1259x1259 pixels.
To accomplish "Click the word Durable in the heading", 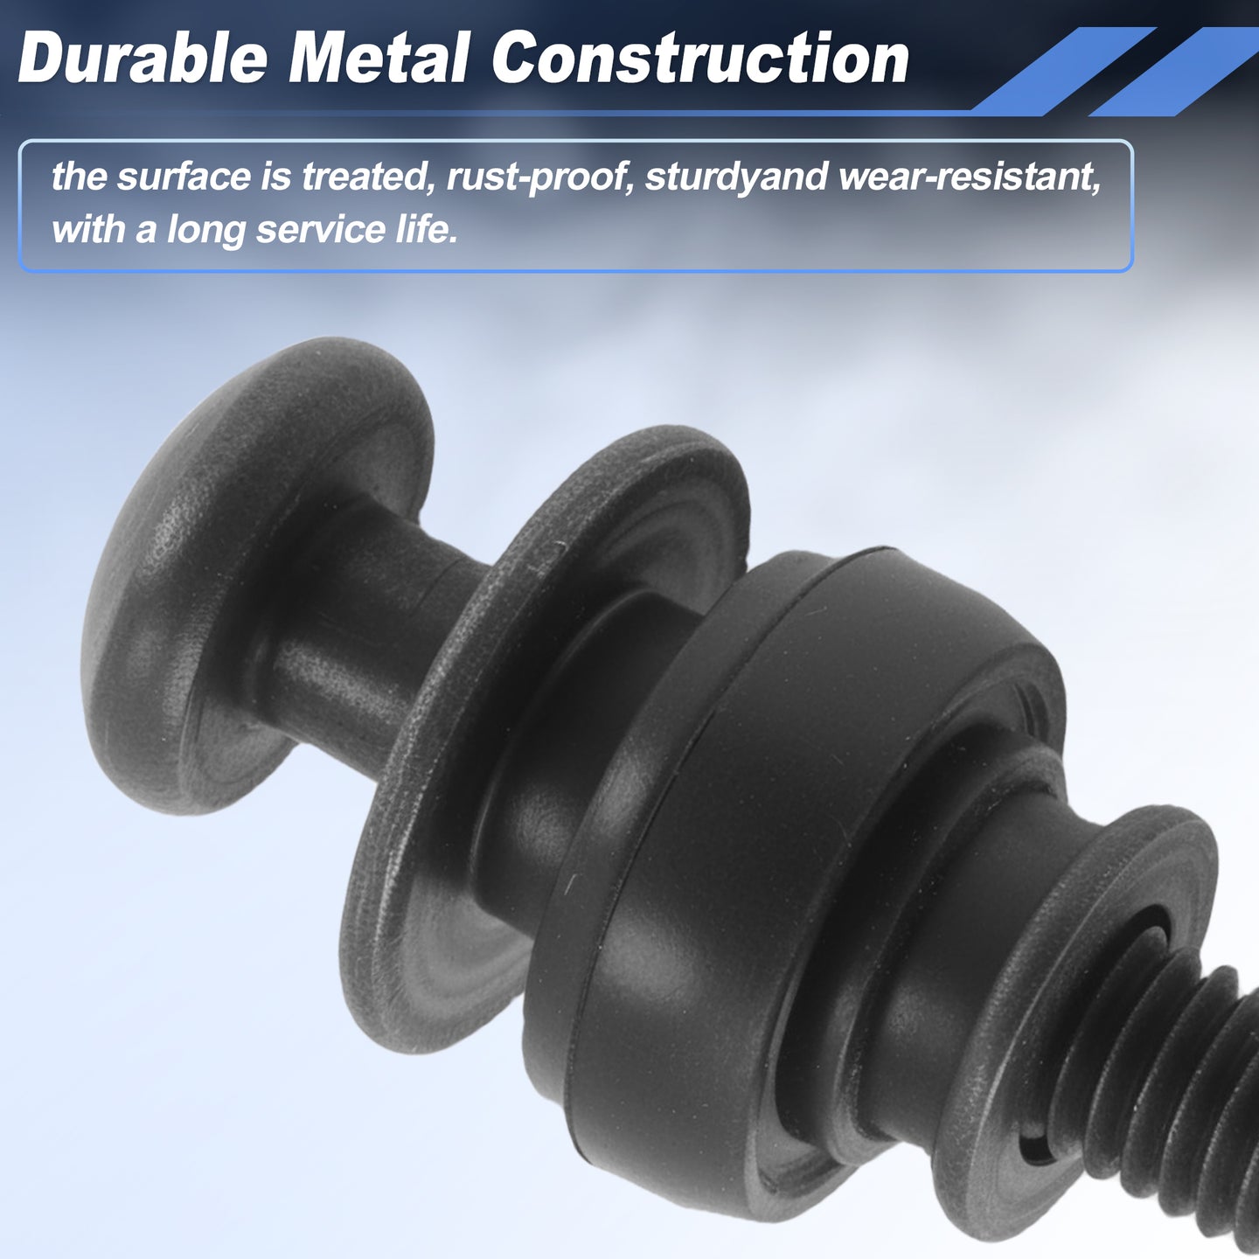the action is tap(143, 59).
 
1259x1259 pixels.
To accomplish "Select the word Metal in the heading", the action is tap(379, 59).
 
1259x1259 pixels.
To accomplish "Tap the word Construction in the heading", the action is tap(699, 59).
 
